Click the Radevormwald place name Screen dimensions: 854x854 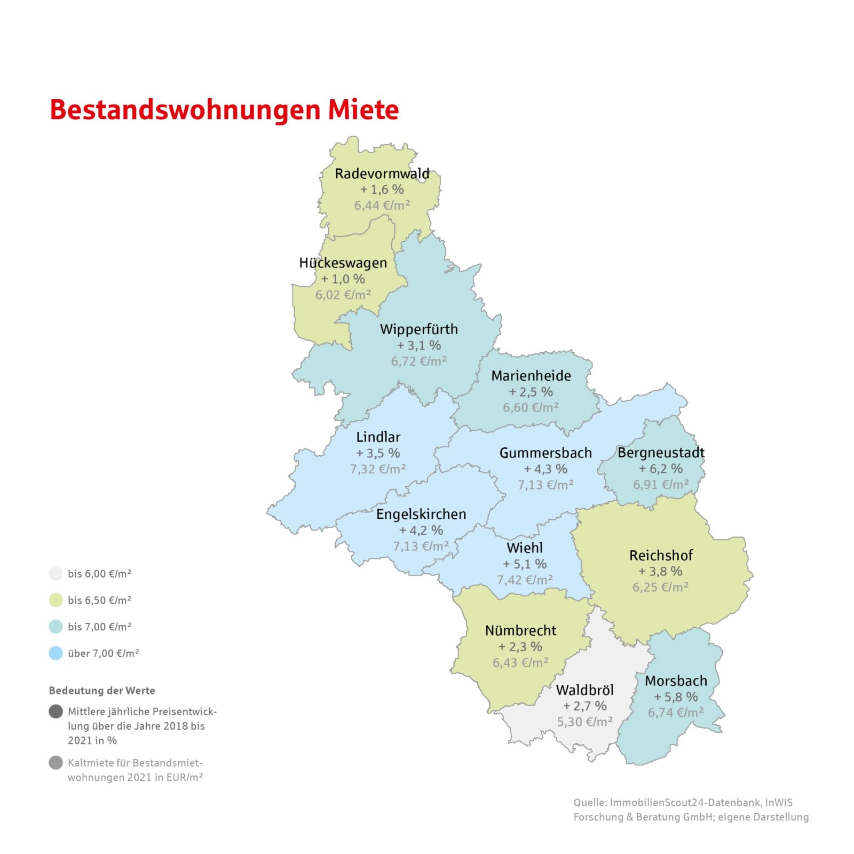[x=382, y=173]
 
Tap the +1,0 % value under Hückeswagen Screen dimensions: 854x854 [x=343, y=279]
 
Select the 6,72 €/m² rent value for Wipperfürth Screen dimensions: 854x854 [x=418, y=361]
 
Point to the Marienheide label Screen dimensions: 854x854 [x=531, y=376]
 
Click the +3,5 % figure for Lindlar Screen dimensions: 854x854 [x=378, y=453]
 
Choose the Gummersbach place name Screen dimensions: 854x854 [x=545, y=453]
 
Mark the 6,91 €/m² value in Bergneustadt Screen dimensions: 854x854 [x=661, y=485]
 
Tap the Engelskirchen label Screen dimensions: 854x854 [x=421, y=515]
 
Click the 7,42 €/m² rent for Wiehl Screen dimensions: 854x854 [x=525, y=580]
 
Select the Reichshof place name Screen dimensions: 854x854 [x=660, y=556]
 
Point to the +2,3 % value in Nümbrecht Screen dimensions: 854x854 [x=520, y=647]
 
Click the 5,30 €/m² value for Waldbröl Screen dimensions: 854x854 [x=584, y=722]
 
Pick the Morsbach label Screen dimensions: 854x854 [x=676, y=681]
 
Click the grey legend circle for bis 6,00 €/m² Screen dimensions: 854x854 [x=56, y=574]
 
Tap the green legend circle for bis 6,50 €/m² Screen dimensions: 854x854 [x=56, y=600]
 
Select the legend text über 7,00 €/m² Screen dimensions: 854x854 [x=103, y=653]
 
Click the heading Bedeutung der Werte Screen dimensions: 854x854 [x=102, y=691]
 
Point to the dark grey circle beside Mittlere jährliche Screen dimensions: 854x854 [x=56, y=711]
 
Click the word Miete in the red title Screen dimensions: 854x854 [x=363, y=109]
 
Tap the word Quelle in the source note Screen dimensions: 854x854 [x=589, y=803]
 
